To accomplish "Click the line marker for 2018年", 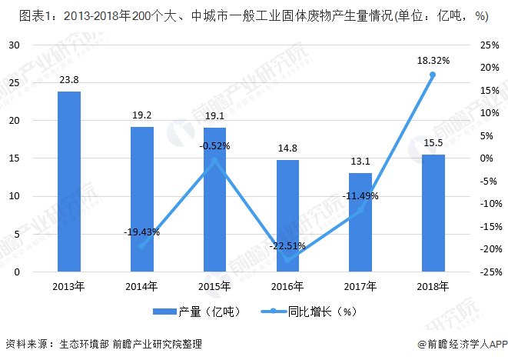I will click(x=433, y=75).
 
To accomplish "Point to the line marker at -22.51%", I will click(x=287, y=260).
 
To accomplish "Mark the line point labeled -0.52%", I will click(x=214, y=160).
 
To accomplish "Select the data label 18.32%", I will click(x=433, y=60).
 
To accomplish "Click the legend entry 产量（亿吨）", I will click(x=197, y=312).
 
